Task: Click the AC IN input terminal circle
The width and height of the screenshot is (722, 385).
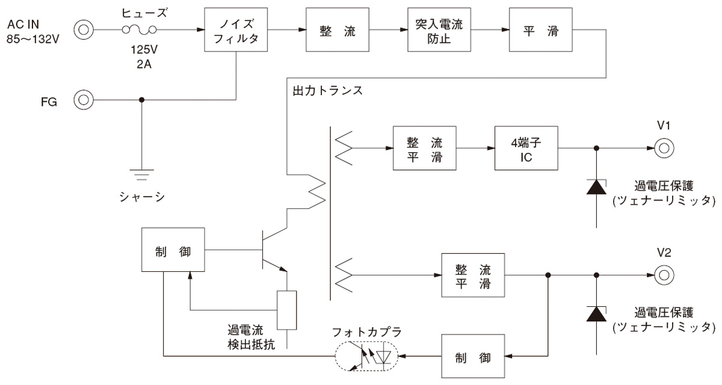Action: [x=83, y=29]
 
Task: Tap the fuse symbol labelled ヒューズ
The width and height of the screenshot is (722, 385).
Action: [x=140, y=29]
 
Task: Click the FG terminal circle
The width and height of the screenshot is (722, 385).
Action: [x=83, y=100]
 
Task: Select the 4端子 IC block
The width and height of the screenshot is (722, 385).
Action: [x=525, y=148]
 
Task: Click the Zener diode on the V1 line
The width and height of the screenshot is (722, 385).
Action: [x=596, y=186]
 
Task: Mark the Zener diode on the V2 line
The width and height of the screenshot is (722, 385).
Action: [x=596, y=313]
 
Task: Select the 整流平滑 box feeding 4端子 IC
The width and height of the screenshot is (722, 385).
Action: [x=423, y=148]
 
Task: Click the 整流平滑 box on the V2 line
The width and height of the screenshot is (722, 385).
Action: [x=473, y=275]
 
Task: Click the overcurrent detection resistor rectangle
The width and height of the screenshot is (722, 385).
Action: [x=287, y=310]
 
